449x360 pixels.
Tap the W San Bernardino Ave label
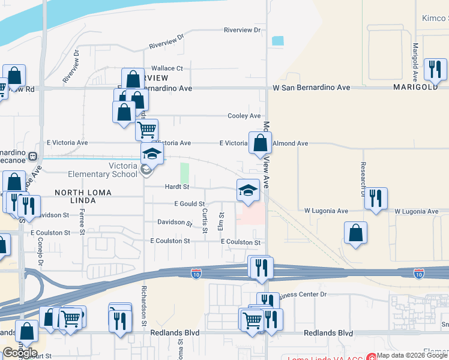[x=311, y=88]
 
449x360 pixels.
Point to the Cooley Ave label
[x=244, y=116]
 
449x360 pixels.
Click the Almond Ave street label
[x=291, y=143]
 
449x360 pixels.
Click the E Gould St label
[x=189, y=204]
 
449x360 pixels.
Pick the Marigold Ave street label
[x=415, y=62]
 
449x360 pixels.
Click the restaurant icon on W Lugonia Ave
[x=376, y=198]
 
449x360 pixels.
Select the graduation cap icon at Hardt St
[x=248, y=190]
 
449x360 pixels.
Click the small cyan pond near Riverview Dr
[x=277, y=41]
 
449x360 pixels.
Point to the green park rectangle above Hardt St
[x=184, y=173]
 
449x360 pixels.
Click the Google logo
[x=19, y=353]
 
